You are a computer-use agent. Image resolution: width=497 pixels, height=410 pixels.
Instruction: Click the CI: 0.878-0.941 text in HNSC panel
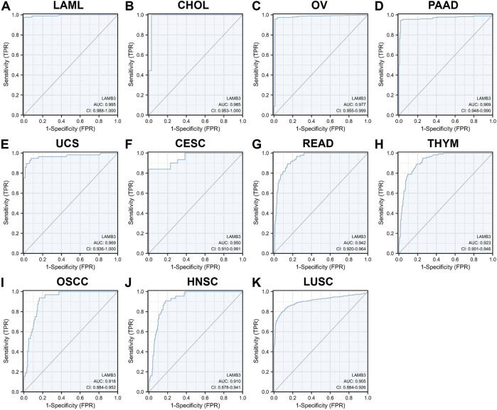click(225, 386)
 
